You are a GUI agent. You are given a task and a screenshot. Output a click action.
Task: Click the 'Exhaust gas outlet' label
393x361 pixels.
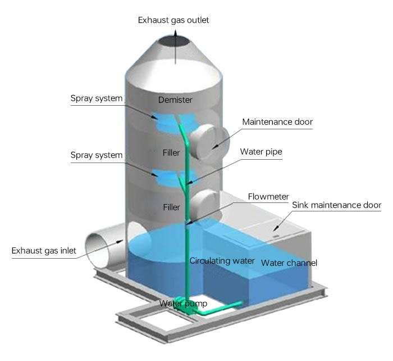tap(173, 21)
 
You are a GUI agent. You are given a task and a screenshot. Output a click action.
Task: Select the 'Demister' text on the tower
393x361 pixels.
tap(176, 100)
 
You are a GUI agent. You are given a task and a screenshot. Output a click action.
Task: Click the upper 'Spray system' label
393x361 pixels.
tap(97, 98)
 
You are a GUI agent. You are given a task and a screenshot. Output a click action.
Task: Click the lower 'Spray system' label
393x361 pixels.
tap(97, 154)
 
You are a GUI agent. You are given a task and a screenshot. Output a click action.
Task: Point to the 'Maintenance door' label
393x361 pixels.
tap(277, 122)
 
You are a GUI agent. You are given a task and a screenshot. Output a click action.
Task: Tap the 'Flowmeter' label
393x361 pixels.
tap(268, 196)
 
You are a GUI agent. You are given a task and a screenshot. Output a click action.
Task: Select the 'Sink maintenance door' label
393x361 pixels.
tap(336, 205)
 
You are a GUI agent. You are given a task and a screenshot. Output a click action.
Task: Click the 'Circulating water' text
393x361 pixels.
tap(222, 261)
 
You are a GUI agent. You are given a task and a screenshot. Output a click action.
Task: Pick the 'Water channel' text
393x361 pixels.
tap(289, 263)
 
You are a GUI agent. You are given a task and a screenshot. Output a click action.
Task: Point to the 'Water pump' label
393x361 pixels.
tap(183, 304)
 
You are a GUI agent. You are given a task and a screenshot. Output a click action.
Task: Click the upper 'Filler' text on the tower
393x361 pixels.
tap(171, 152)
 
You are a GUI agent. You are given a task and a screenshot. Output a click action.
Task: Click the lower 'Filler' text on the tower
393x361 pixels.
tap(171, 207)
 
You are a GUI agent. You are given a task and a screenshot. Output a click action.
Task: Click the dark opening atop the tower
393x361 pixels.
tap(175, 42)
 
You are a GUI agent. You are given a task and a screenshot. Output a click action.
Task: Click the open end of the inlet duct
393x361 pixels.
tap(100, 244)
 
